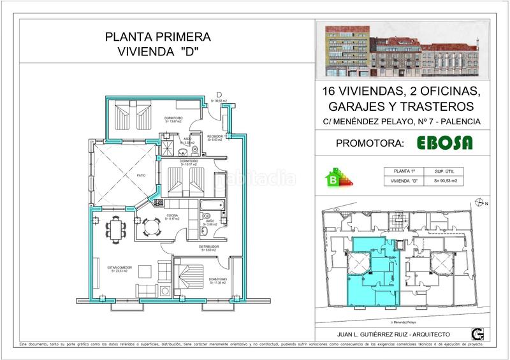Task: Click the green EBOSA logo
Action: pyautogui.click(x=444, y=143)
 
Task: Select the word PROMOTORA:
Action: pyautogui.click(x=370, y=143)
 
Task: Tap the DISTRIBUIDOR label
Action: pyautogui.click(x=209, y=247)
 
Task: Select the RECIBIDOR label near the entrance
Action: pyautogui.click(x=214, y=136)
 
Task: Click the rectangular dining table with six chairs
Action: pyautogui.click(x=116, y=227)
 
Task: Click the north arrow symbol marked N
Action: pyautogui.click(x=480, y=203)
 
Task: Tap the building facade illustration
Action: pyautogui.click(x=402, y=48)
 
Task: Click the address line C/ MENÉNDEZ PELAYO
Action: pyautogui.click(x=402, y=122)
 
